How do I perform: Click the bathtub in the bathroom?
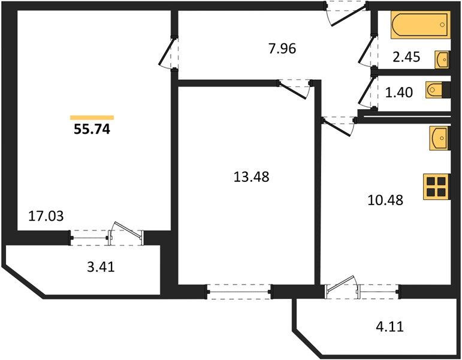coord(421,25)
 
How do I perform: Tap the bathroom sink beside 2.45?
coord(442,59)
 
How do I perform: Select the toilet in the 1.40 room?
coord(434,90)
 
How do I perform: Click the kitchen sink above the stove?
coord(439,138)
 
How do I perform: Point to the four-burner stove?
coord(436,187)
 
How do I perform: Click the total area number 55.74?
coord(92,129)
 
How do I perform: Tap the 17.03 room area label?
coord(46,216)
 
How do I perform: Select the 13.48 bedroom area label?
coord(251,177)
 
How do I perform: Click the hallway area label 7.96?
coord(282,49)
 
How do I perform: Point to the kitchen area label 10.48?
coord(385,200)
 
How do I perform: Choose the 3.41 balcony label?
coord(101,267)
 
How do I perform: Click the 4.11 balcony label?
coord(389,326)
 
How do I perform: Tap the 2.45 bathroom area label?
coord(406,57)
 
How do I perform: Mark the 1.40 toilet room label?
coord(399,92)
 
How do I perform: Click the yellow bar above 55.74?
coord(92,118)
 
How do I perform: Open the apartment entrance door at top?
coord(347,13)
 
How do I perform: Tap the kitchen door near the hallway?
coord(339,126)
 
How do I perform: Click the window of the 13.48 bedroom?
coord(238,292)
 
